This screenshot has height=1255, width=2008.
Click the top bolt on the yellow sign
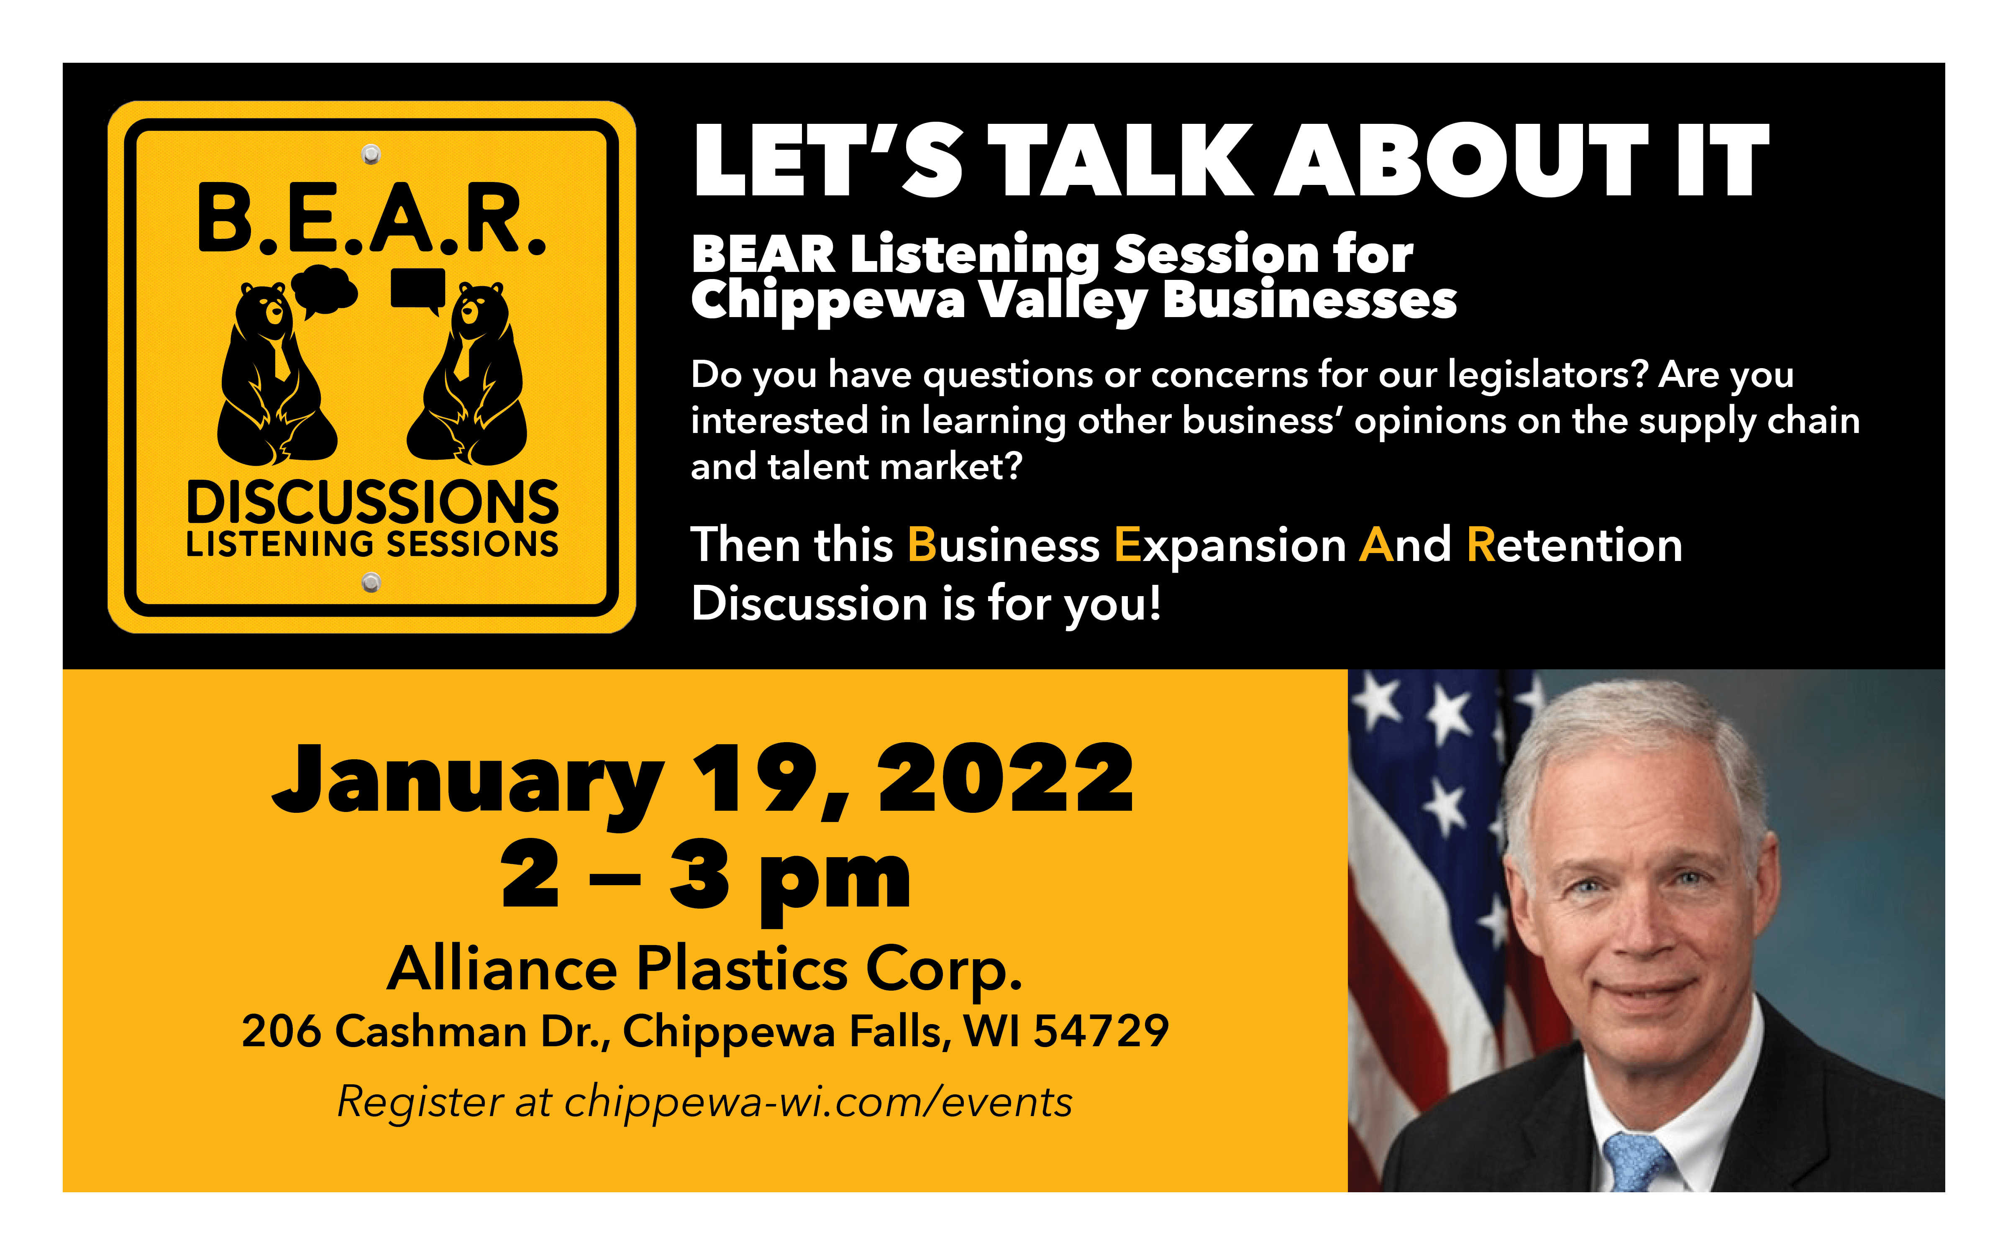371,154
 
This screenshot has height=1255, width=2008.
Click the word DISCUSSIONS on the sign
372,502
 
